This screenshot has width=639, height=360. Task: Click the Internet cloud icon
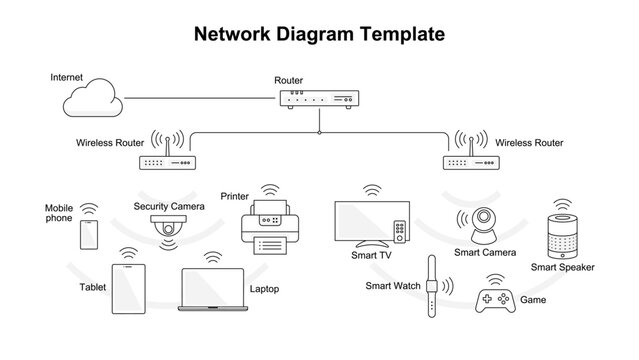(92, 101)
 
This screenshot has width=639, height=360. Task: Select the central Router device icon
(319, 99)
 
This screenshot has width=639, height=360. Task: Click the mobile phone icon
(89, 235)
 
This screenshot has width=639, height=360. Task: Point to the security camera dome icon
(169, 227)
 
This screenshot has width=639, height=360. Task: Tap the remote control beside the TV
(400, 231)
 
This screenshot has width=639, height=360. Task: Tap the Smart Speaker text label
(562, 267)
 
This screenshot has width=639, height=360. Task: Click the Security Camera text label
(169, 206)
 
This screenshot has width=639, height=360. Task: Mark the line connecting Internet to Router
(200, 98)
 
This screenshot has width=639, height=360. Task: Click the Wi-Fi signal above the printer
(268, 188)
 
